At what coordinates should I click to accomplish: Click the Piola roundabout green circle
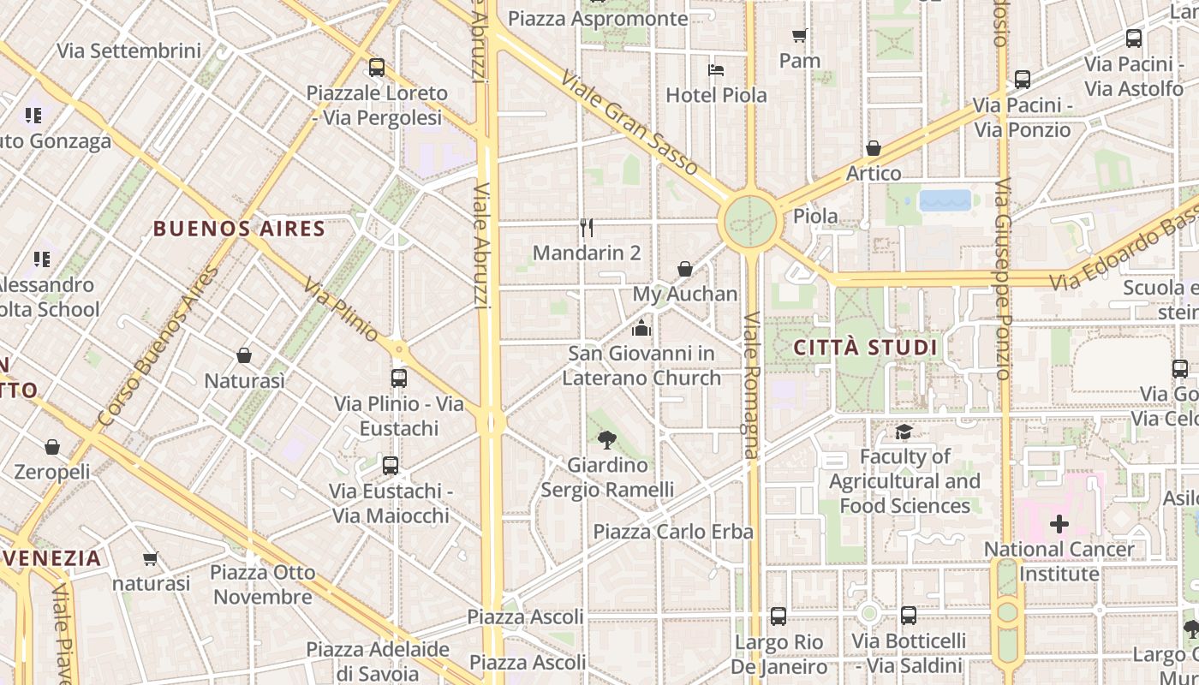click(750, 223)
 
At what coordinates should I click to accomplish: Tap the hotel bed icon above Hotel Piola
click(716, 69)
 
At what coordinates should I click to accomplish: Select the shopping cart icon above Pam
click(800, 35)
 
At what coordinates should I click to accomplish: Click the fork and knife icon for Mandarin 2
click(587, 228)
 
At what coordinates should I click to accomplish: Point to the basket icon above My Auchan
click(685, 269)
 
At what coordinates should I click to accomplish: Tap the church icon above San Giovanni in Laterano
click(641, 328)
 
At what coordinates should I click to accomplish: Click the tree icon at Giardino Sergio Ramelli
click(607, 440)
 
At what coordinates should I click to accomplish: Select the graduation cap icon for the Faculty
click(904, 432)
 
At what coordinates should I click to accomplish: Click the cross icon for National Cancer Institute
click(1059, 523)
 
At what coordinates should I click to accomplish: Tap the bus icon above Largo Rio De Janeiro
click(778, 616)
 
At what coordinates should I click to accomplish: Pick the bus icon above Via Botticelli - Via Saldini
click(909, 616)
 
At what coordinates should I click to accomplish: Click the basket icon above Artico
click(874, 148)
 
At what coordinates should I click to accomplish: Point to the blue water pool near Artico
click(945, 200)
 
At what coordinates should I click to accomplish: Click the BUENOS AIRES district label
click(240, 229)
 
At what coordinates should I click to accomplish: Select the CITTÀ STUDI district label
click(865, 348)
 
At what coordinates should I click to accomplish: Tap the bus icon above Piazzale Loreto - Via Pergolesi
click(376, 68)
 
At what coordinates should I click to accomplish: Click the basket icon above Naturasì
click(244, 355)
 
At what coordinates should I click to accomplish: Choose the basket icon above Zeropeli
click(52, 447)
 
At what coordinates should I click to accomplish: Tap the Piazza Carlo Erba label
click(673, 532)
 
